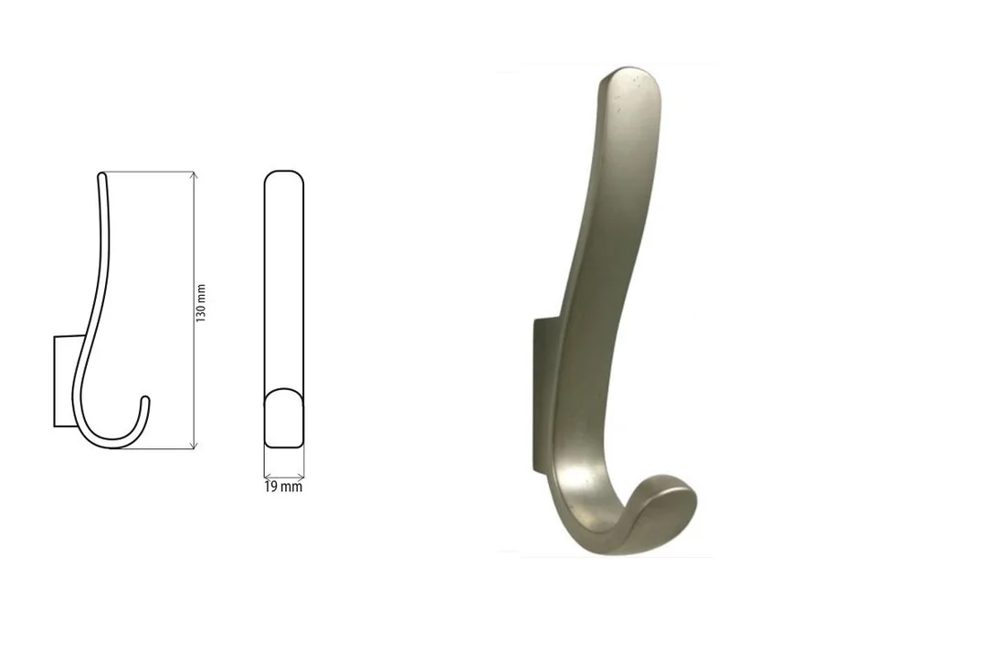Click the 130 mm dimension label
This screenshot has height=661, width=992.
(x=201, y=303)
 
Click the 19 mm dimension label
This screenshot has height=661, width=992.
(x=283, y=487)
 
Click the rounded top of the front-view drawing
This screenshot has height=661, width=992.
(x=284, y=177)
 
